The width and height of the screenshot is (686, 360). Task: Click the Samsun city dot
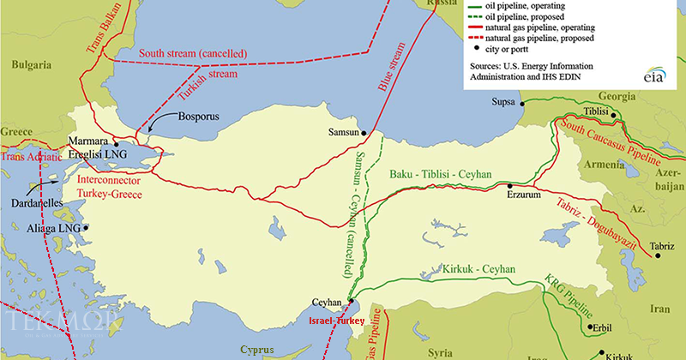pyautogui.click(x=364, y=133)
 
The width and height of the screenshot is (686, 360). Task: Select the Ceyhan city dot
pyautogui.click(x=349, y=301)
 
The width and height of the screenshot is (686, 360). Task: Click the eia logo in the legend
pyautogui.click(x=656, y=77)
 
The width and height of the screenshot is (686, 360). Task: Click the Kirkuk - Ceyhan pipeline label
pyautogui.click(x=478, y=269)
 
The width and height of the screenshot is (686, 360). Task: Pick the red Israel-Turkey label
pyautogui.click(x=335, y=320)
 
